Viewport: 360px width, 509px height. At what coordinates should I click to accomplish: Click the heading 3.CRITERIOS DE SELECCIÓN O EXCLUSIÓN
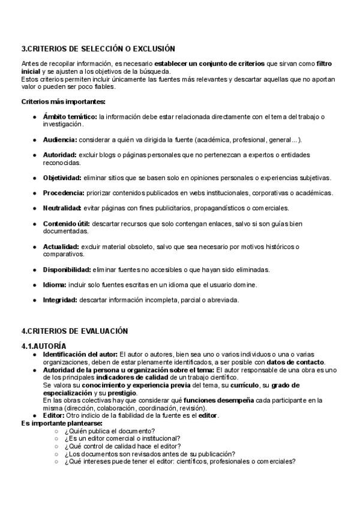point(98,49)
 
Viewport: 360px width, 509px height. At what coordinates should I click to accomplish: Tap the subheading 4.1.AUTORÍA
point(44,346)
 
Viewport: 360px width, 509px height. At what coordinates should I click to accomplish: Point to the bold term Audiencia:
point(60,140)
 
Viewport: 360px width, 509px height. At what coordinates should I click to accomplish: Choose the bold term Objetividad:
point(62,178)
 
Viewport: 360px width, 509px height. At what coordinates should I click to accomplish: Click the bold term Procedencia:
point(63,193)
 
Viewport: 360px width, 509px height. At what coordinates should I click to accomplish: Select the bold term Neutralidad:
point(62,208)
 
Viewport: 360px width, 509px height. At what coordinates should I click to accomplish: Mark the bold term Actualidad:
point(61,247)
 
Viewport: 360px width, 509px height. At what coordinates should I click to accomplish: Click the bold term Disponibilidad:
point(67,270)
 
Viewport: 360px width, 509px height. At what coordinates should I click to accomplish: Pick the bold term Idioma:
point(55,285)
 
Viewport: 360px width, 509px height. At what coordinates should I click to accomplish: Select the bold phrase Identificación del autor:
point(80,354)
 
